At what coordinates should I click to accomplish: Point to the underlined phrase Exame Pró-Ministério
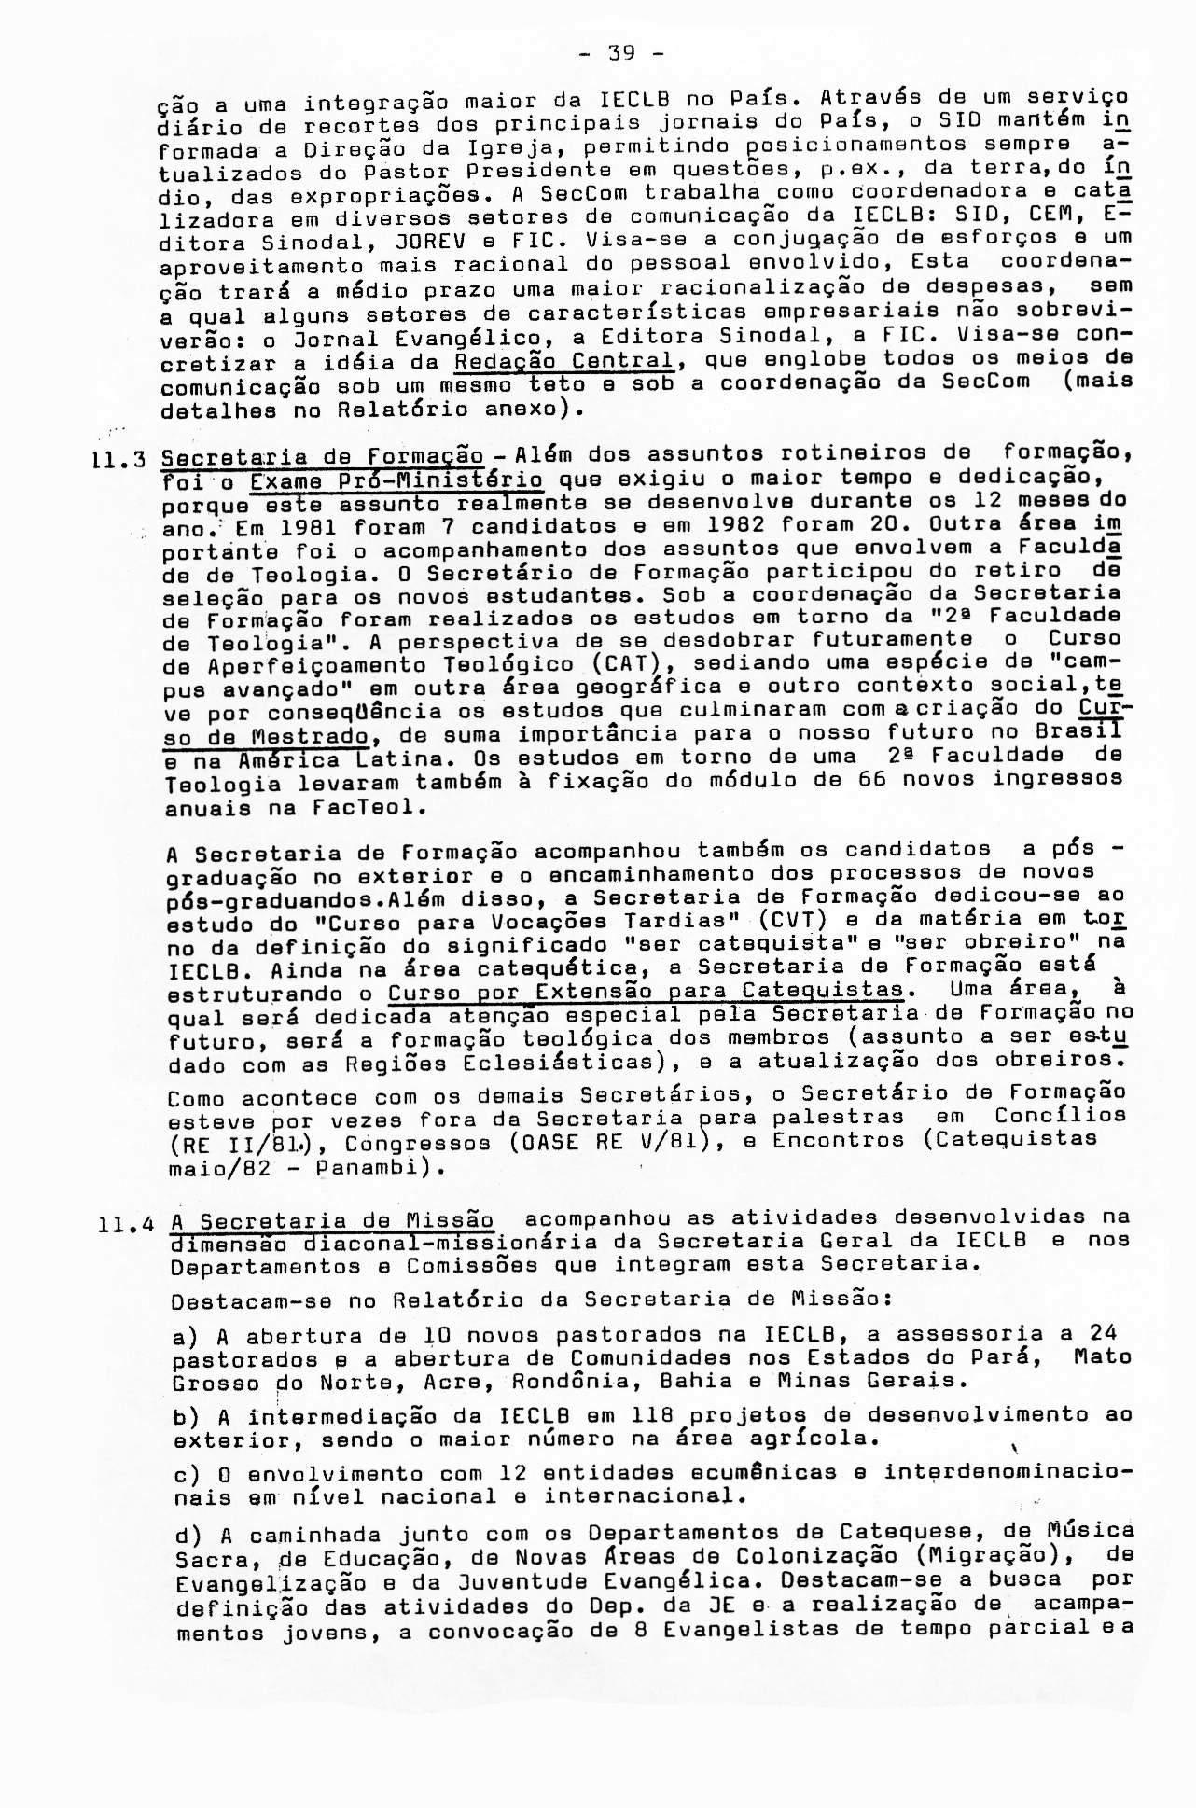(x=396, y=481)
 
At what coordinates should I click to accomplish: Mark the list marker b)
(x=187, y=1417)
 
